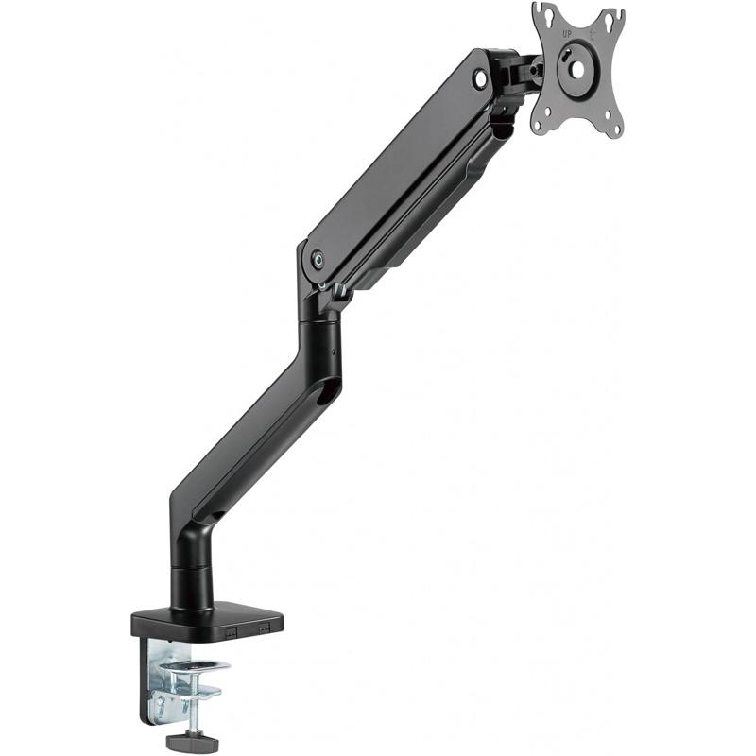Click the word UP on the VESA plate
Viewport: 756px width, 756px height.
(x=567, y=34)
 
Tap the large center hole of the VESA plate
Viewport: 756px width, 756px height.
(x=577, y=70)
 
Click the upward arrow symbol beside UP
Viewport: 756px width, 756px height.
(x=593, y=33)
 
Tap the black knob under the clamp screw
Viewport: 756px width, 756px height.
(x=192, y=741)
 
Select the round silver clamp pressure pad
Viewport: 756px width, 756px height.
(x=195, y=666)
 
